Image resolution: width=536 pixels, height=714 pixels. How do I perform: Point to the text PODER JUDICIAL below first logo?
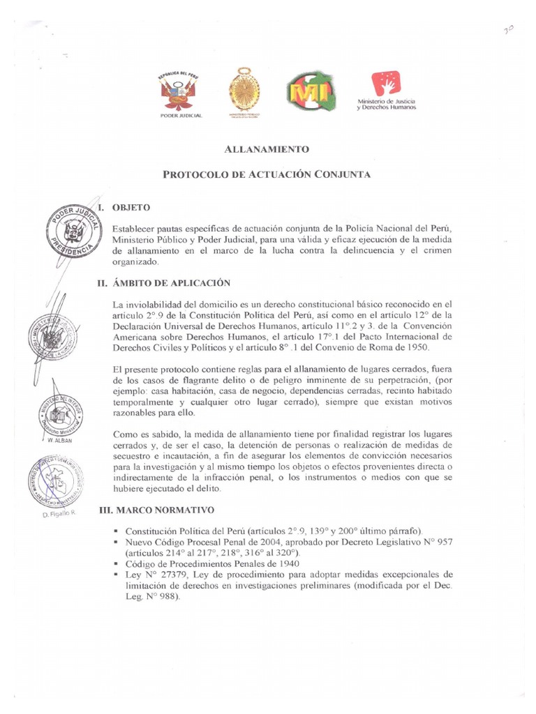[179, 116]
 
